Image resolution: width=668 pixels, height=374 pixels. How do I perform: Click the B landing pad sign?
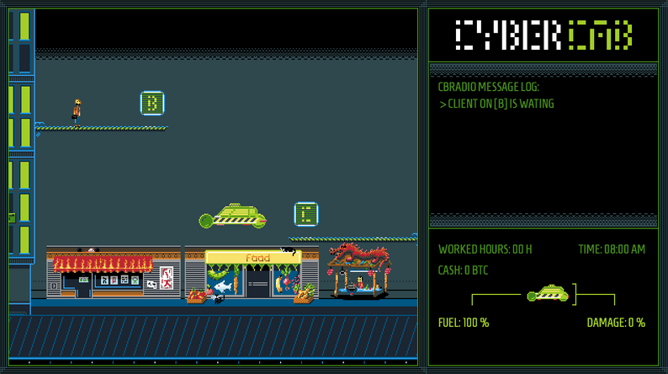coord(152,103)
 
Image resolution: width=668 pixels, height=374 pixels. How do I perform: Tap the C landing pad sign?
coord(306,213)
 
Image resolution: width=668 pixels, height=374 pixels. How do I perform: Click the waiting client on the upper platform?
coord(77,110)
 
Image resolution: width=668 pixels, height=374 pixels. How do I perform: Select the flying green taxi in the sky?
coord(233,217)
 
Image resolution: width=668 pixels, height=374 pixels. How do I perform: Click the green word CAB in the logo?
coord(601,35)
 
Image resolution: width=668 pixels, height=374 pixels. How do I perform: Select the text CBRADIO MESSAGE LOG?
coord(488,87)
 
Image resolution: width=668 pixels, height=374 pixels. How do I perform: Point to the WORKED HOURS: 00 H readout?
coord(485,249)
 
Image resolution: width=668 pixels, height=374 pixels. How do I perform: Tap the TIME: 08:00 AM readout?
coord(612,249)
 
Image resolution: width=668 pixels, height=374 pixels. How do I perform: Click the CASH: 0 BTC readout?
coord(463,270)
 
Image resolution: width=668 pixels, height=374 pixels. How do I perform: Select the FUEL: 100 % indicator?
coord(464,323)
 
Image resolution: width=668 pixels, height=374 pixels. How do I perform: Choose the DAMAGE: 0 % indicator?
coord(616,323)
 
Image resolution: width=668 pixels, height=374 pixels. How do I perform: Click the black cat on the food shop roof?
coord(288,249)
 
